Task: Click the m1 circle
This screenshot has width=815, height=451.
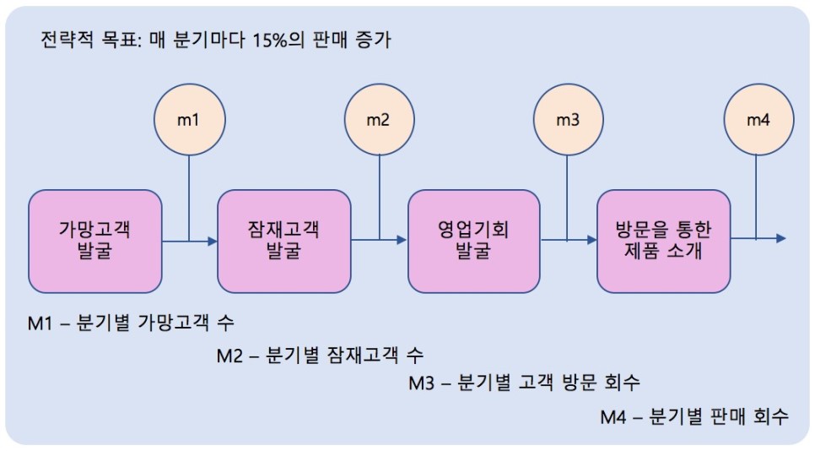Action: (188, 120)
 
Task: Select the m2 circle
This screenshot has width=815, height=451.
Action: (378, 120)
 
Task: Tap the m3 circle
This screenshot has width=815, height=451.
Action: (568, 120)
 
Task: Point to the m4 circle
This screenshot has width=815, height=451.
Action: (758, 120)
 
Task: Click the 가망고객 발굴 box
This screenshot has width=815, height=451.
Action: (94, 241)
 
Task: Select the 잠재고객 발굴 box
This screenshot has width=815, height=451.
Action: (283, 241)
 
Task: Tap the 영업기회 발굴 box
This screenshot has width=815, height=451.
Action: (473, 241)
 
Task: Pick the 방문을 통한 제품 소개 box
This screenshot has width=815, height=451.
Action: (663, 241)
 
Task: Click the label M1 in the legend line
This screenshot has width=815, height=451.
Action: (41, 323)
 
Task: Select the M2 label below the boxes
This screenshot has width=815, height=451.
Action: (231, 354)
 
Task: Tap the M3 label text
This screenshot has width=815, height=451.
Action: (420, 383)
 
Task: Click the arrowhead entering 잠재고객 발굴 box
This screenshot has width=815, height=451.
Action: (212, 241)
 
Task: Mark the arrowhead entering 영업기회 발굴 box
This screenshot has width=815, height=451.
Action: (402, 241)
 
